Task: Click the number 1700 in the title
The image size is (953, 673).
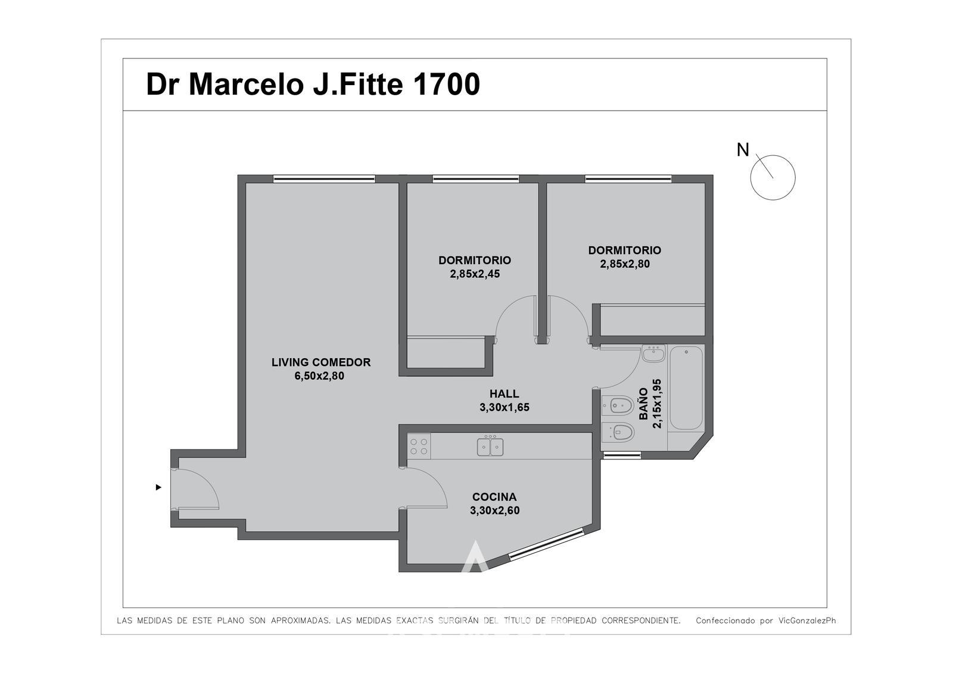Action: pyautogui.click(x=446, y=84)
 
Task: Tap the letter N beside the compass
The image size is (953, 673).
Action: pyautogui.click(x=742, y=150)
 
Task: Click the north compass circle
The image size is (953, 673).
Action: pyautogui.click(x=773, y=177)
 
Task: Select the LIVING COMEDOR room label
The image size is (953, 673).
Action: pyautogui.click(x=321, y=362)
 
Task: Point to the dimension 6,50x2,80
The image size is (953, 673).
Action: pyautogui.click(x=319, y=376)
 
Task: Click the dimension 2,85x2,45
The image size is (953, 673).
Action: pyautogui.click(x=475, y=274)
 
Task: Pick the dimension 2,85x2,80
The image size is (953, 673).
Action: pyautogui.click(x=625, y=264)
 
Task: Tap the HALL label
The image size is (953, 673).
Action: pyautogui.click(x=504, y=394)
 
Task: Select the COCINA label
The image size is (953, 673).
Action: pyautogui.click(x=494, y=496)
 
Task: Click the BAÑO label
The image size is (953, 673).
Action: pyautogui.click(x=644, y=403)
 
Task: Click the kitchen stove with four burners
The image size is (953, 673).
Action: pyautogui.click(x=419, y=446)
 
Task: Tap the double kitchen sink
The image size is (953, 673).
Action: pyautogui.click(x=490, y=446)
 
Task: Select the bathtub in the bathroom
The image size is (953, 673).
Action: pyautogui.click(x=686, y=388)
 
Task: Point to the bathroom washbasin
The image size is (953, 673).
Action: pyautogui.click(x=653, y=353)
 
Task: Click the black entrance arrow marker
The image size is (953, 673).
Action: pyautogui.click(x=158, y=487)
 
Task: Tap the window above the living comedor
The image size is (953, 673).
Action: pyautogui.click(x=324, y=179)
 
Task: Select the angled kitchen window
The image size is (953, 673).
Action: pyautogui.click(x=546, y=544)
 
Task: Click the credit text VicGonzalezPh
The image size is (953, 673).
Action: pyautogui.click(x=806, y=621)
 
